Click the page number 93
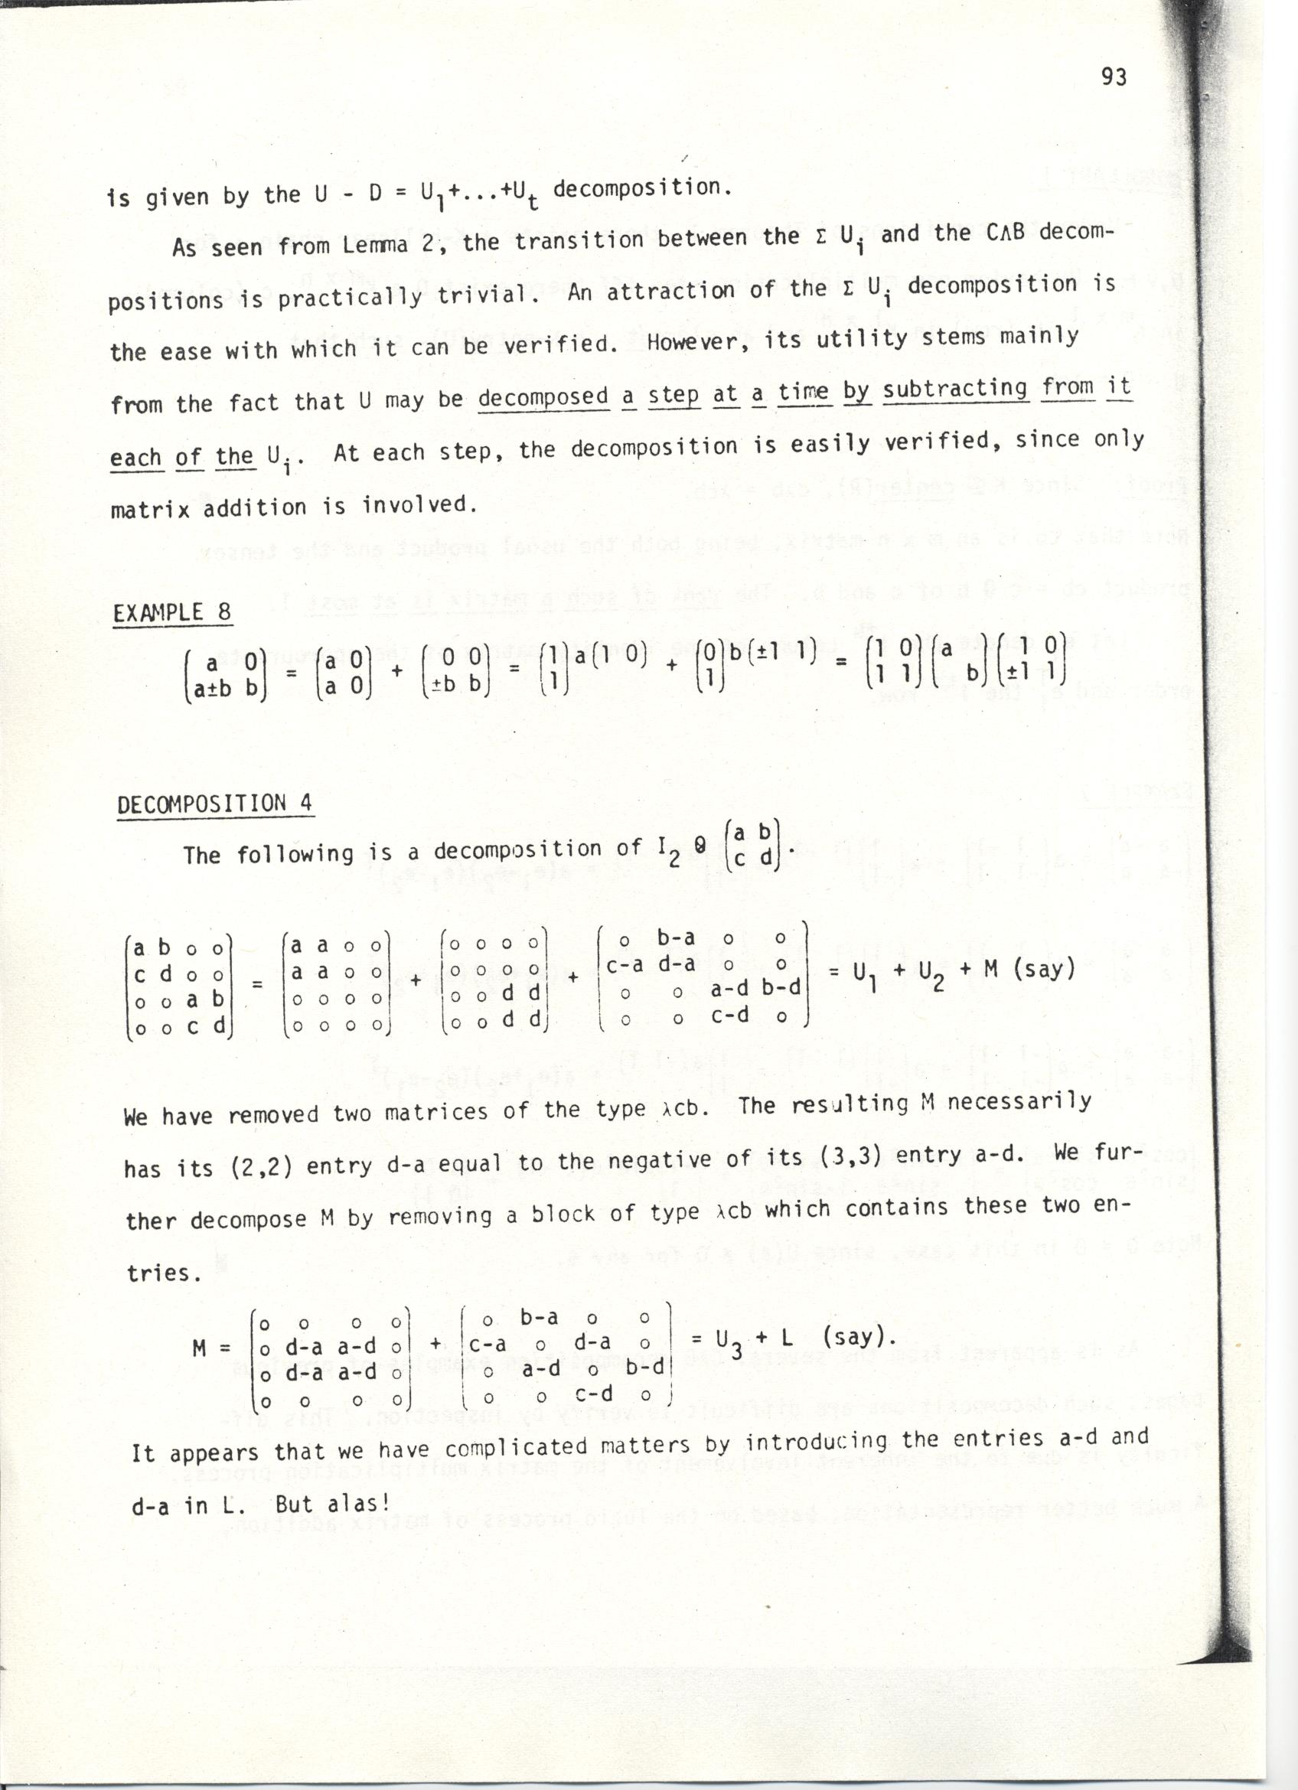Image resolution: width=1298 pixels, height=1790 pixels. click(x=1114, y=77)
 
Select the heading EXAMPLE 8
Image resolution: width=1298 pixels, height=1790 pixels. click(x=172, y=613)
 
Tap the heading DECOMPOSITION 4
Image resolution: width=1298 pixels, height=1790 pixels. click(x=214, y=804)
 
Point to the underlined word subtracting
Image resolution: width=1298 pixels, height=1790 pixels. click(x=955, y=389)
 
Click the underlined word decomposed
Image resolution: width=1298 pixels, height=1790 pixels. click(x=543, y=397)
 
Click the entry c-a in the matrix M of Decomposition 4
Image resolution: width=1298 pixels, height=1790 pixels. click(x=626, y=964)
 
